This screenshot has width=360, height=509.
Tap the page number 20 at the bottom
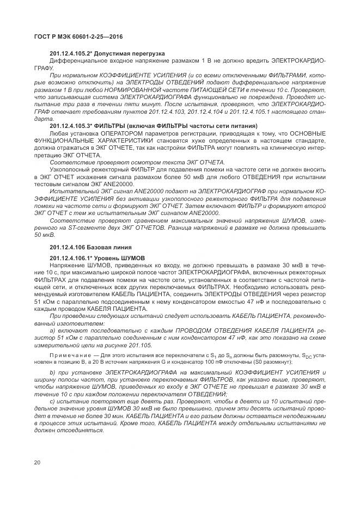coord(37,463)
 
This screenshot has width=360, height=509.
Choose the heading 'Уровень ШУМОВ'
coord(125,257)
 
